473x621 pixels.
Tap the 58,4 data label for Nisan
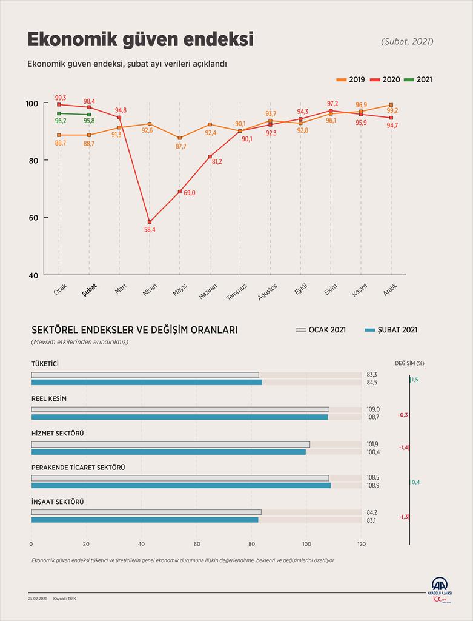[150, 229]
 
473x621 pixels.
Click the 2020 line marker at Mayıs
[180, 192]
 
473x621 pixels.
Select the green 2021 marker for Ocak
[59, 113]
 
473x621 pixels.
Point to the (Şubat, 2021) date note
[407, 42]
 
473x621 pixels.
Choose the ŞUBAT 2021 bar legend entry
[391, 330]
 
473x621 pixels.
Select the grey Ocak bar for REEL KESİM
[180, 409]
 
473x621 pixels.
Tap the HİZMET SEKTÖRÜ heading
[57, 433]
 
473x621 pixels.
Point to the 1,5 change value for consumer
[414, 379]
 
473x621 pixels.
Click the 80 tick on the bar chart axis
[252, 543]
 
